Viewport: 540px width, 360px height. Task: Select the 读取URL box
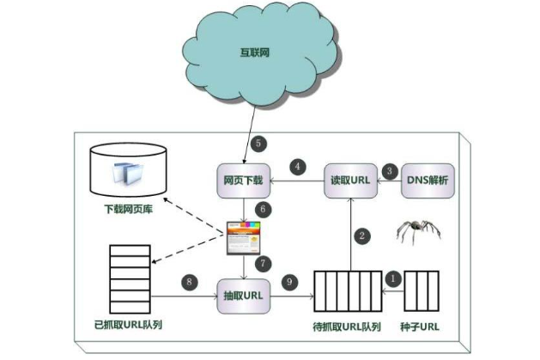click(349, 180)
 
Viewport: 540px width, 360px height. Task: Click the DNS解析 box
click(428, 180)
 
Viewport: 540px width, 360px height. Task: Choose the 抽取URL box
click(243, 295)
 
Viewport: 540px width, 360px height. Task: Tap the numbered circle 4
click(298, 166)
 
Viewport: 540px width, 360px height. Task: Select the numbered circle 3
click(389, 169)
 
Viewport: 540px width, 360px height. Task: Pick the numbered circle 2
click(362, 234)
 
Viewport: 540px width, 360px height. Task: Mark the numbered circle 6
click(264, 208)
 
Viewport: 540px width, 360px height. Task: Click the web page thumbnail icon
click(243, 235)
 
